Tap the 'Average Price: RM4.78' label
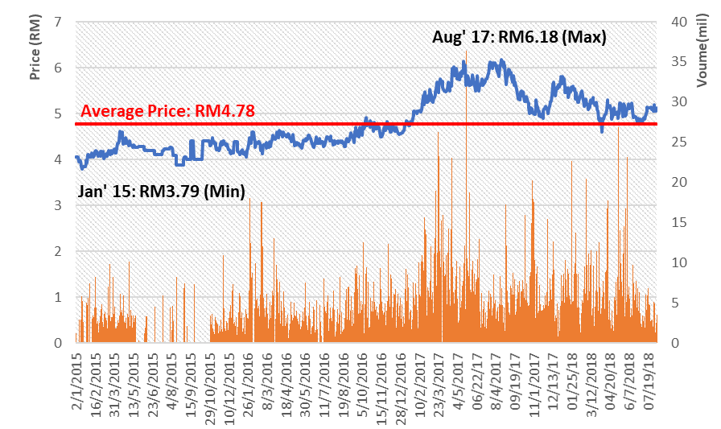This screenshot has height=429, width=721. (167, 112)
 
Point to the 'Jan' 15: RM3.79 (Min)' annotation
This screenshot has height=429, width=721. (161, 192)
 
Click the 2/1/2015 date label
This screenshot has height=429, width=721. (78, 378)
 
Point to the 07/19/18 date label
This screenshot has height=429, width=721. (650, 380)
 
